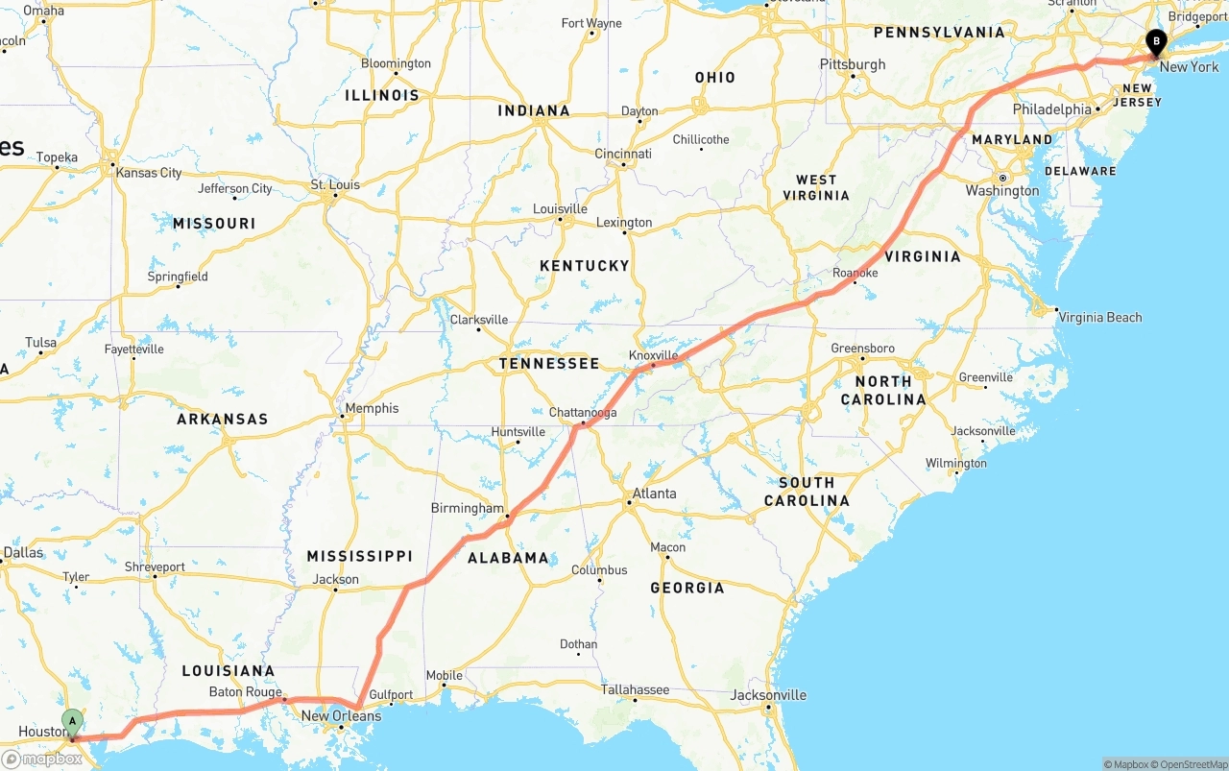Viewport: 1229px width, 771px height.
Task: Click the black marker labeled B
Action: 1157,41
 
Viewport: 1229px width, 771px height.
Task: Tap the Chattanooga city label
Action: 583,413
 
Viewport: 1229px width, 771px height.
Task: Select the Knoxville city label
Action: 653,355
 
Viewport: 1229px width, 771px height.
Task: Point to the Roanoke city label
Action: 855,274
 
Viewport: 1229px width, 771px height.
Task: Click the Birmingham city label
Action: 467,508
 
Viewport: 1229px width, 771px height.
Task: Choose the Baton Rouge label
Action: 245,692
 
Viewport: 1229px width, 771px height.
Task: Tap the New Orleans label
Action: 341,716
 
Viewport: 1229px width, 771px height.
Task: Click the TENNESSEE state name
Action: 548,364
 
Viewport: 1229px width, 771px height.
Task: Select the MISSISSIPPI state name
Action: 359,556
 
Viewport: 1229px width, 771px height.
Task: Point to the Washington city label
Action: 1002,191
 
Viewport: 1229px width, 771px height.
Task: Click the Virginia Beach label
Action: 1100,318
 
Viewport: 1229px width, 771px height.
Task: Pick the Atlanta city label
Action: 653,494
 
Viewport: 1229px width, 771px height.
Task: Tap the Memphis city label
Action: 372,408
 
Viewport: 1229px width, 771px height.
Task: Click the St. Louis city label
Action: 334,184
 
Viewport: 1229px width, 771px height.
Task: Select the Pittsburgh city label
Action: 853,64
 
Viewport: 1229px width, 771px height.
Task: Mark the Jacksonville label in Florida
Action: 768,695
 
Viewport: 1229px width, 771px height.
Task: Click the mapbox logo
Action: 43,759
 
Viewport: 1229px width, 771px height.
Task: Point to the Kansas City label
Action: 148,173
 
